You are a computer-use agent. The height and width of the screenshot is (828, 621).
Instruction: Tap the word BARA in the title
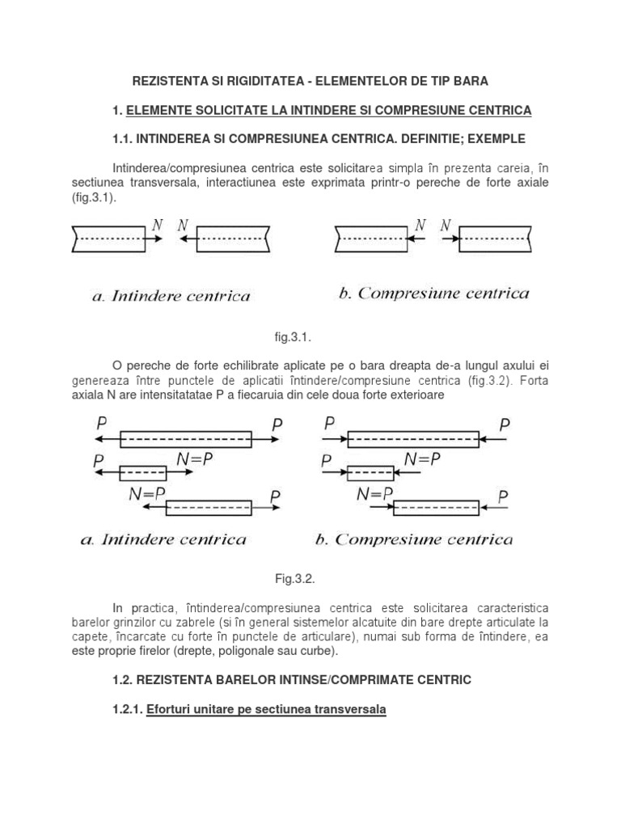click(470, 82)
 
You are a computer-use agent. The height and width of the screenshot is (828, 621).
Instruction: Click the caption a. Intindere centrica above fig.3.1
click(170, 296)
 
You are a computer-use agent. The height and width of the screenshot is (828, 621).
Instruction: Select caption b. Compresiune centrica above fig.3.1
click(433, 293)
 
